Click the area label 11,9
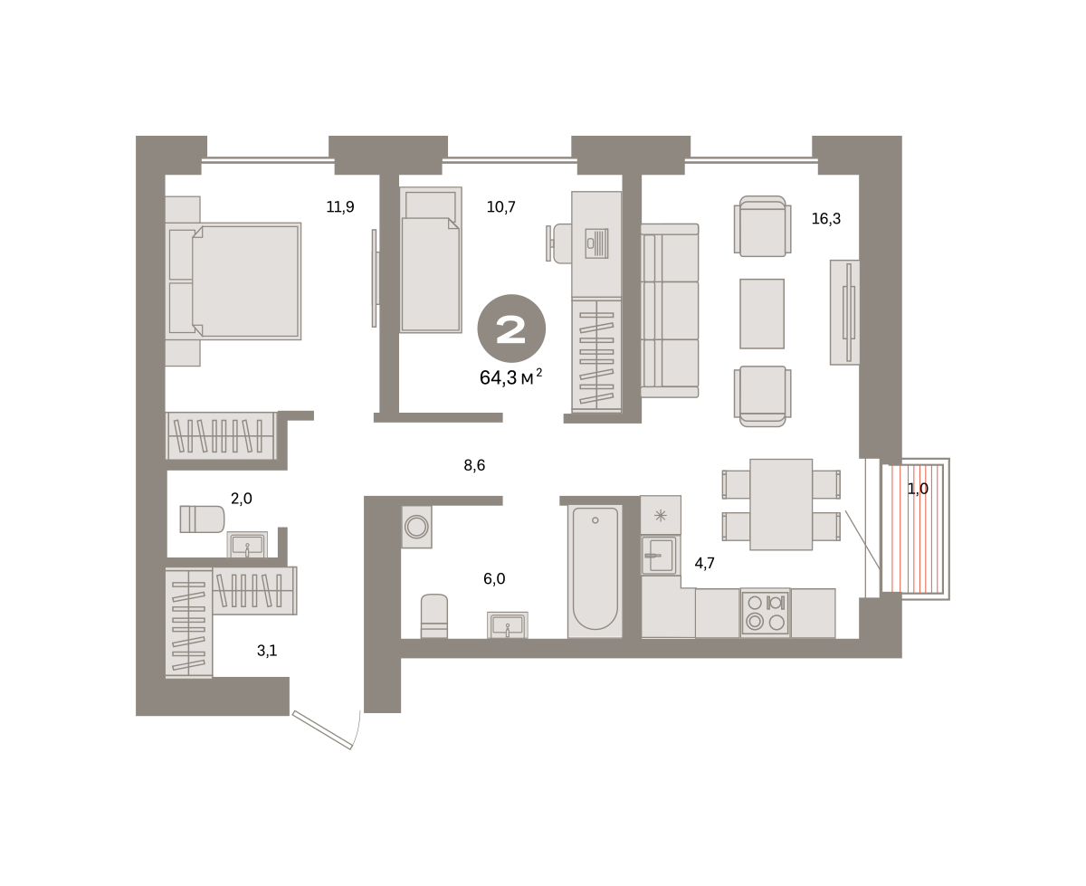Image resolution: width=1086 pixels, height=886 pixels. [x=340, y=207]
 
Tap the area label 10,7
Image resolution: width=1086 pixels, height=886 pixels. [x=501, y=207]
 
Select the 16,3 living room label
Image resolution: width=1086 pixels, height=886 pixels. [x=826, y=219]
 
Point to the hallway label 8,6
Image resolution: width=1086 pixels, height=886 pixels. [x=474, y=465]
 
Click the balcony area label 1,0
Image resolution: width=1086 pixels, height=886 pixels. [x=918, y=489]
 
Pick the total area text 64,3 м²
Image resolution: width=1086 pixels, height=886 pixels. [x=510, y=376]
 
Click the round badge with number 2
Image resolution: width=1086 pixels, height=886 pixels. [x=511, y=329]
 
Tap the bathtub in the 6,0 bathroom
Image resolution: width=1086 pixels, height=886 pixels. [x=595, y=571]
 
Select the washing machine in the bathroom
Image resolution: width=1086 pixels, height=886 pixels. [x=416, y=527]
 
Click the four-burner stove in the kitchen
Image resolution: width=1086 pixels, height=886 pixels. [x=766, y=612]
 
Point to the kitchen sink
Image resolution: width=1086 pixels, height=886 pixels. [x=660, y=555]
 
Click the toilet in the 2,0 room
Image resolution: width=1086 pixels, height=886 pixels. [x=202, y=519]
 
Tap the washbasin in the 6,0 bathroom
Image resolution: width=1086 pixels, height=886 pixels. [x=507, y=625]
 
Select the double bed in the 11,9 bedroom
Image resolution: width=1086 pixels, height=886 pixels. [x=233, y=281]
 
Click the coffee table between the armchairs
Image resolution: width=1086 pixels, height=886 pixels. [x=762, y=313]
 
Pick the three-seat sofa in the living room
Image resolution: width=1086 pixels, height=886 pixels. [x=670, y=310]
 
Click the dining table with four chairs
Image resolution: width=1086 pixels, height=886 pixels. [x=781, y=504]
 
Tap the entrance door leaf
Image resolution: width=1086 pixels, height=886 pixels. [x=322, y=730]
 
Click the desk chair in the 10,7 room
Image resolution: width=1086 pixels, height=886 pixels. [x=558, y=243]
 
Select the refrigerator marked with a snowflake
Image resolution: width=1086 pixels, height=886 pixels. [x=661, y=515]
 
